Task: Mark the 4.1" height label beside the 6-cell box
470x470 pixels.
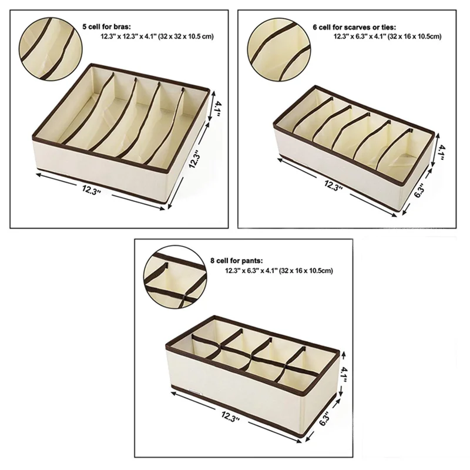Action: [x=440, y=152]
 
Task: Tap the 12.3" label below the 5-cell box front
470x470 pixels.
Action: [x=91, y=189]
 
